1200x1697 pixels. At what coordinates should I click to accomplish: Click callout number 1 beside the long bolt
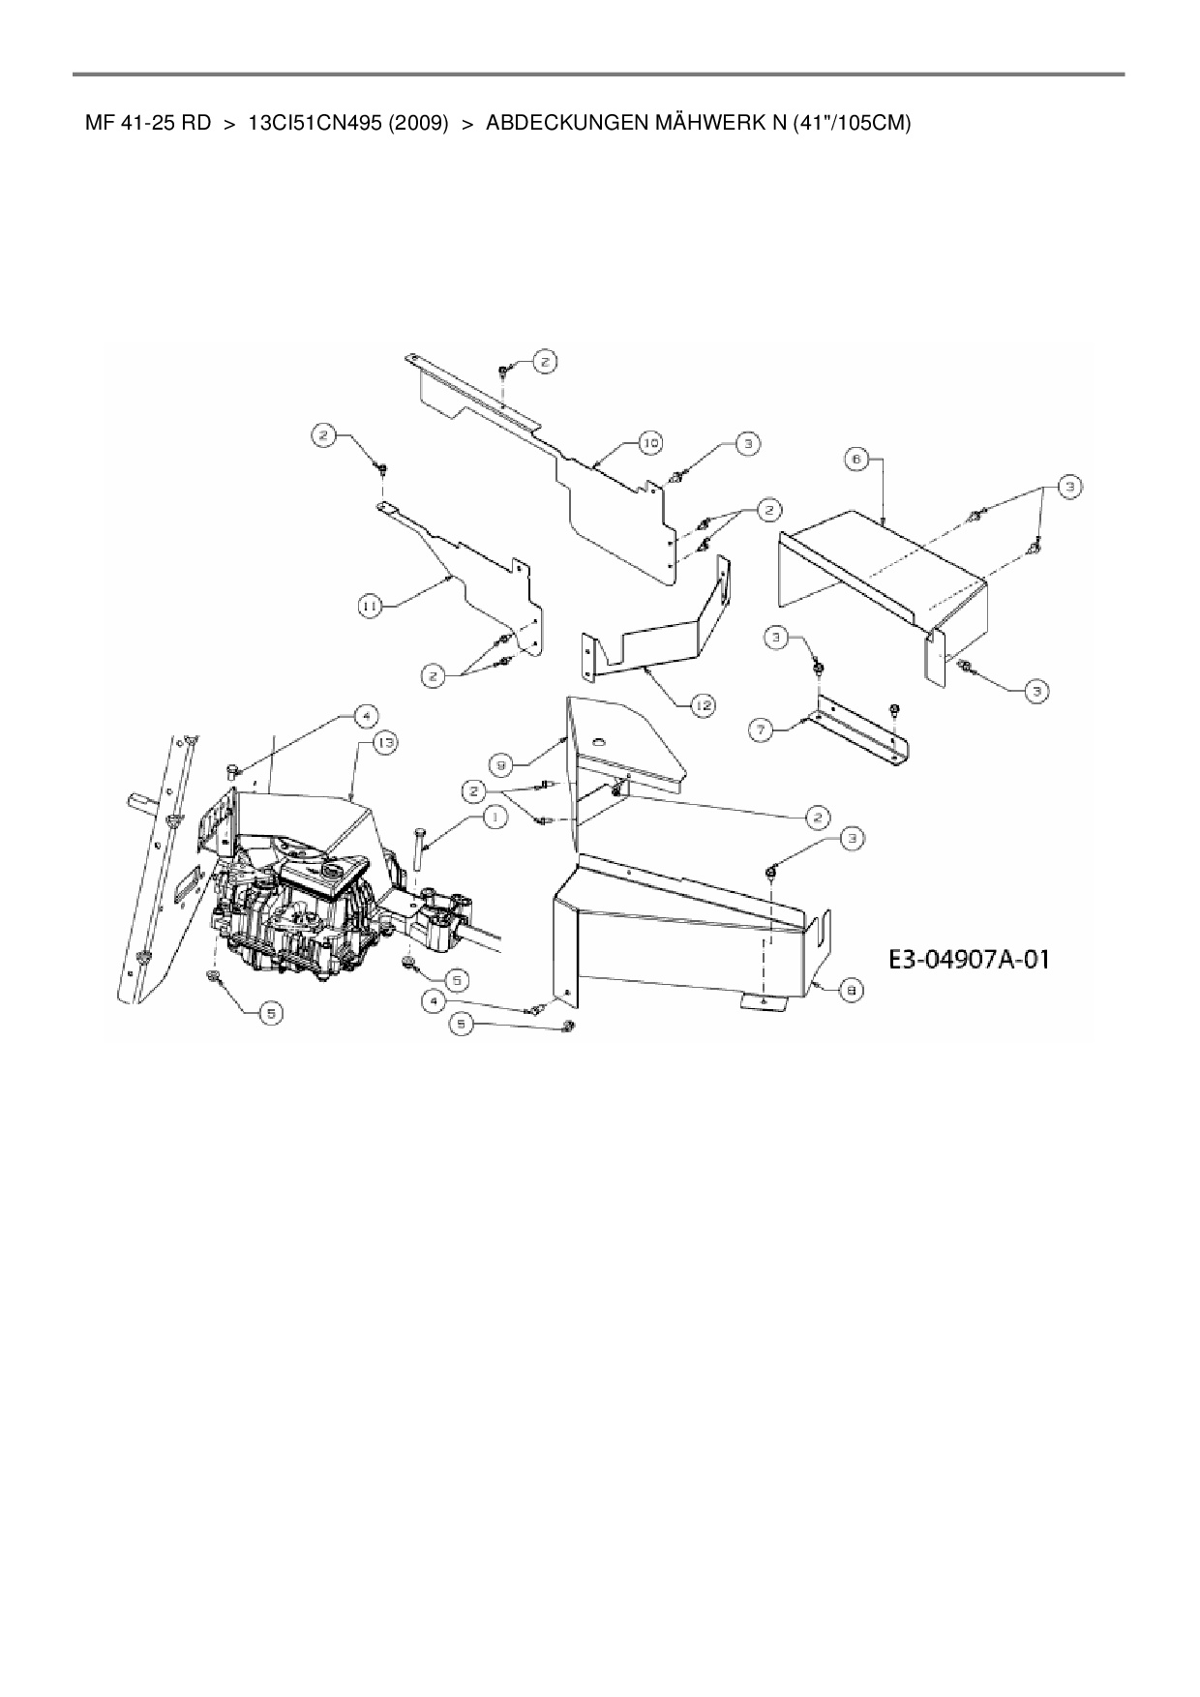click(495, 818)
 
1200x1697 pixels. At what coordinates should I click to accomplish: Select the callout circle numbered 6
click(856, 460)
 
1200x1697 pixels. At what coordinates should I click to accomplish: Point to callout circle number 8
click(850, 989)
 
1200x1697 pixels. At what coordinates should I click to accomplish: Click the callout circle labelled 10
click(650, 443)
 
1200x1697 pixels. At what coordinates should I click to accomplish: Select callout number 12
click(702, 705)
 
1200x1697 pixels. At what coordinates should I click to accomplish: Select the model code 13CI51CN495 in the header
click(312, 124)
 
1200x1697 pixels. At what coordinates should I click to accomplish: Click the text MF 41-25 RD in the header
click(148, 124)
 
